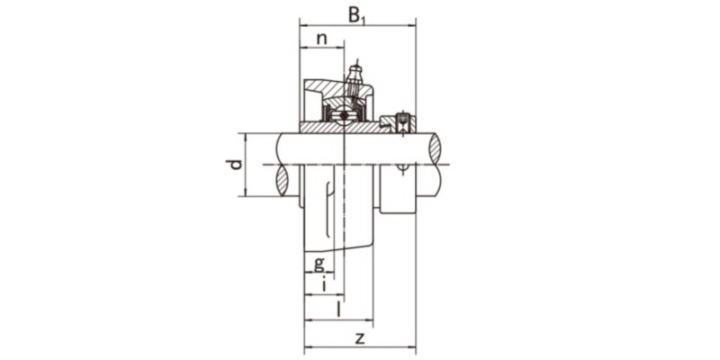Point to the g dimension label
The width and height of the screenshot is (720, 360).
pos(319,264)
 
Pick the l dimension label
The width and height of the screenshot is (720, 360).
pos(337,310)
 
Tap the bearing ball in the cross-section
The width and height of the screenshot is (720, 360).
pos(343,116)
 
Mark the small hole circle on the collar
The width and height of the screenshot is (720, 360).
pos(402,166)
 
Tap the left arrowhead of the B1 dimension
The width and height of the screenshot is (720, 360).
pos(302,24)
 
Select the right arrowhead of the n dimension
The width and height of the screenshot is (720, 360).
pos(343,48)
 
